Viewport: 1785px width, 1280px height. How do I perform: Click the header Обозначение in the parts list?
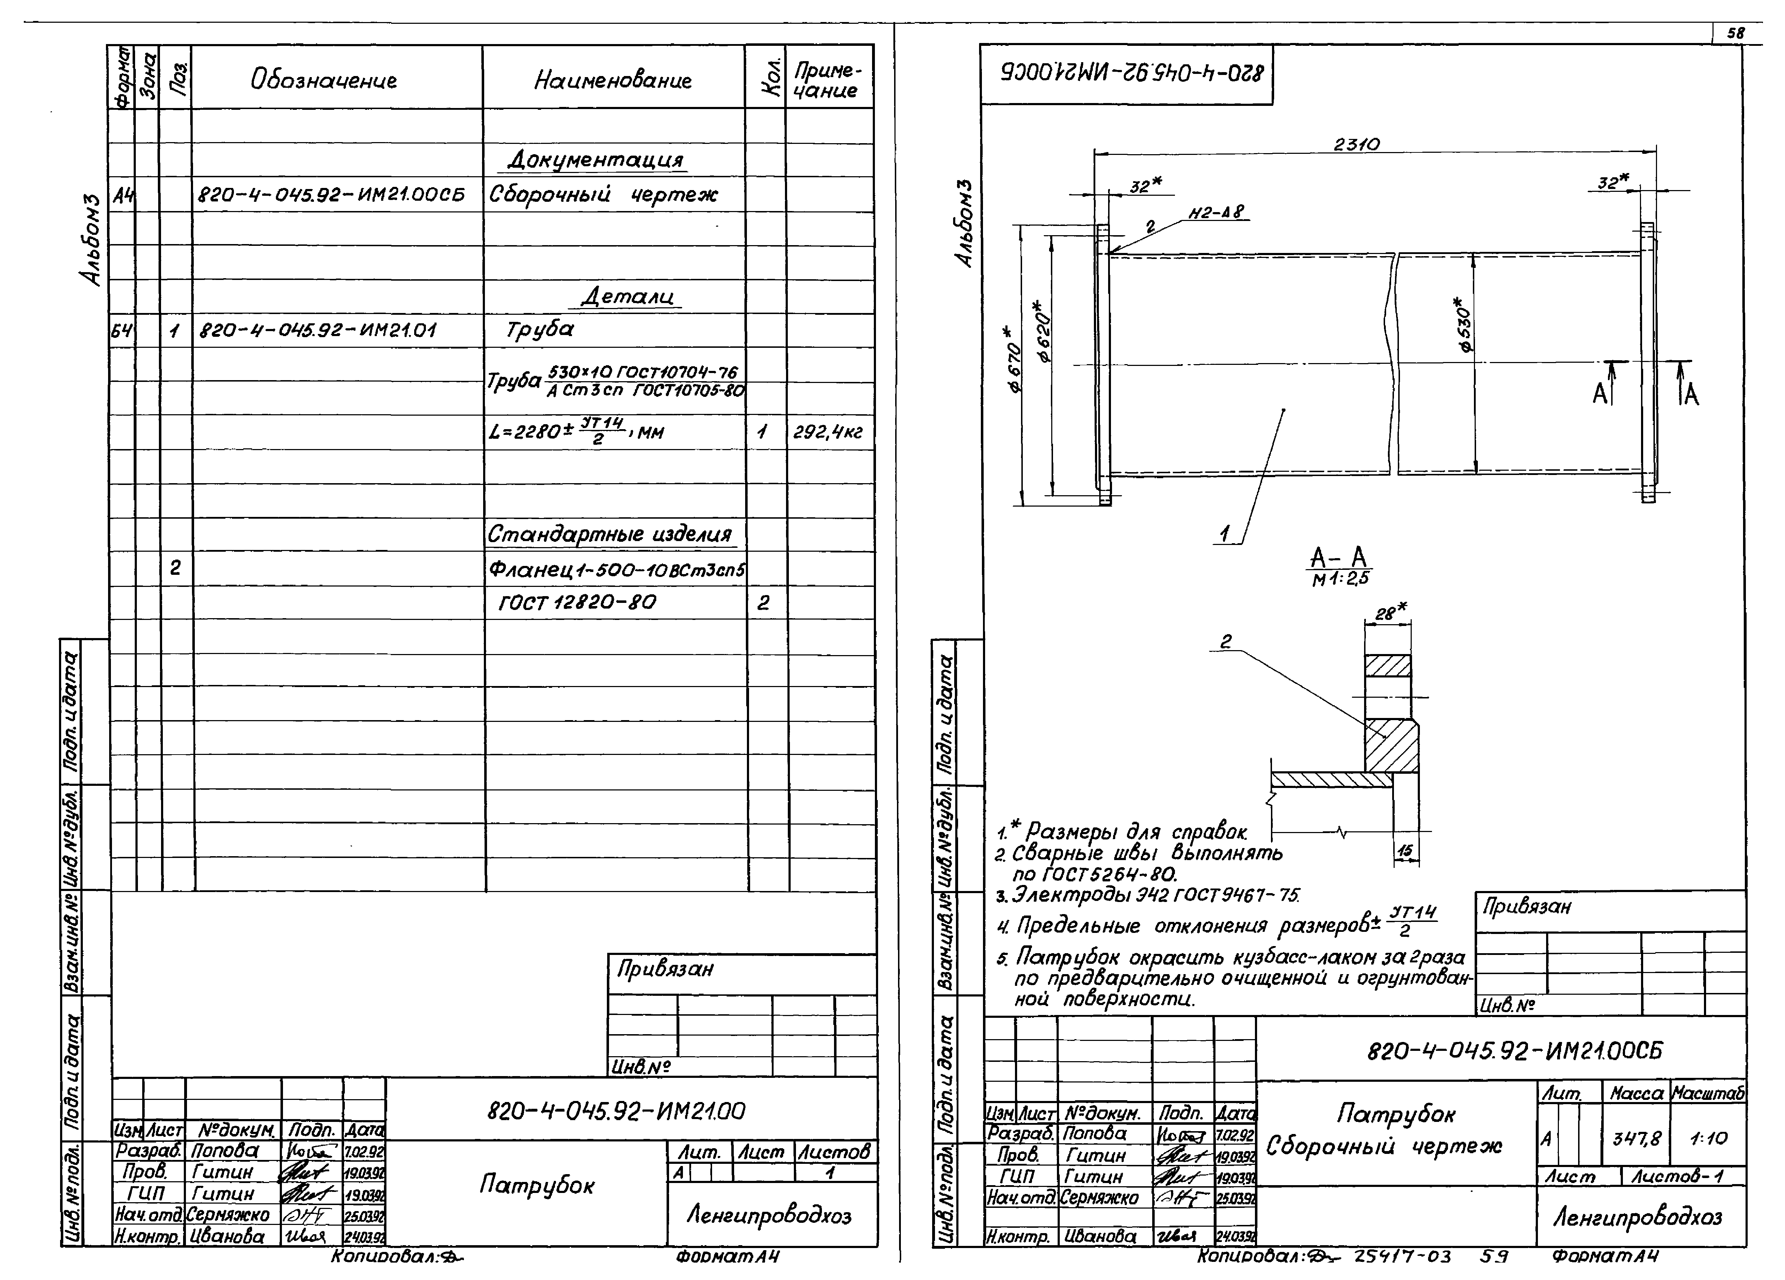(324, 80)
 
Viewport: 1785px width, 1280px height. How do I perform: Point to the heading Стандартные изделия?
(610, 534)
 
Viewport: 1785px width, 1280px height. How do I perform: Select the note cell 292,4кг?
(828, 432)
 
